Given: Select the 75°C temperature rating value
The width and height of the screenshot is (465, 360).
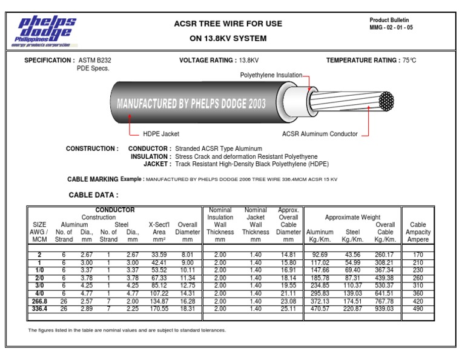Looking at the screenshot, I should click(x=409, y=61).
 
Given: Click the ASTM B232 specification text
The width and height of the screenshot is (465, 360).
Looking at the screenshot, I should click(x=94, y=61).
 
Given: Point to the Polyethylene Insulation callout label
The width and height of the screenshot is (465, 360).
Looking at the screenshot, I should click(x=271, y=75).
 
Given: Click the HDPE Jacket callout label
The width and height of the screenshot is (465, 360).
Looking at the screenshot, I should click(x=161, y=134).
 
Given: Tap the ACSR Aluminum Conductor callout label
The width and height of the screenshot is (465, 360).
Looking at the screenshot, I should click(x=320, y=134).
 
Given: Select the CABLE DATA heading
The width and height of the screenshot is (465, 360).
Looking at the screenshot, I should click(x=94, y=195).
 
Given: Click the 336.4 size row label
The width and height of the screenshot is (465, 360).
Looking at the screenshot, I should click(x=39, y=308).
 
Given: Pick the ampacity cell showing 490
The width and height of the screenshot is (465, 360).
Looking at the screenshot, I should click(x=418, y=308).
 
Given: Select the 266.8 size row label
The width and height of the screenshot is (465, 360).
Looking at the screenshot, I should click(x=39, y=301).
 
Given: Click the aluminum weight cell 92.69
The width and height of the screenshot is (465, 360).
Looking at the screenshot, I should click(x=319, y=255).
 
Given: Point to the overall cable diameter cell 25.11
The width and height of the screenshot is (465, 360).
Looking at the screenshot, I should click(x=288, y=308).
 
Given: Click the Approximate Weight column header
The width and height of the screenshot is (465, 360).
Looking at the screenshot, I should click(x=352, y=217).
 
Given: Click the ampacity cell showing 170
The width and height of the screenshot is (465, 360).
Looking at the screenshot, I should click(x=418, y=255).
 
